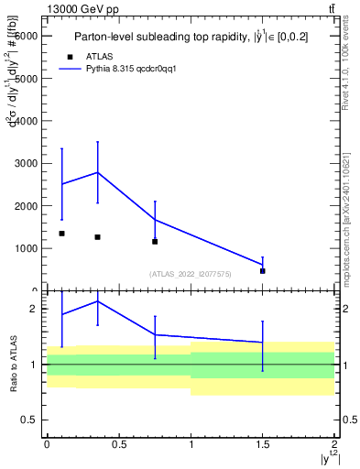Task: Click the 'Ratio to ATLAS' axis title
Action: click(x=14, y=364)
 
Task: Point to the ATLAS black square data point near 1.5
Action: click(x=263, y=271)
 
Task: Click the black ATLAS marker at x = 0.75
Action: click(x=155, y=242)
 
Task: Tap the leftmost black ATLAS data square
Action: click(x=61, y=234)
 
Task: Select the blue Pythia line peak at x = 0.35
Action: click(x=97, y=172)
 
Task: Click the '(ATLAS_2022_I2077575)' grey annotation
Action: click(x=191, y=274)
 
